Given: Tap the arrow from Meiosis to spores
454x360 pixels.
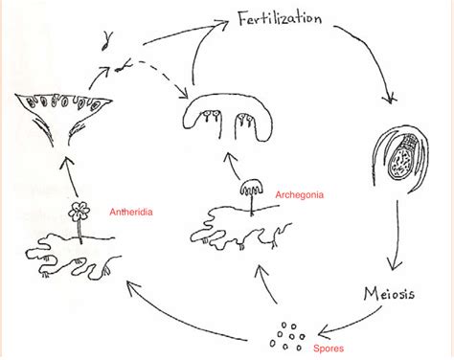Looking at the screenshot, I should coord(350,321).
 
